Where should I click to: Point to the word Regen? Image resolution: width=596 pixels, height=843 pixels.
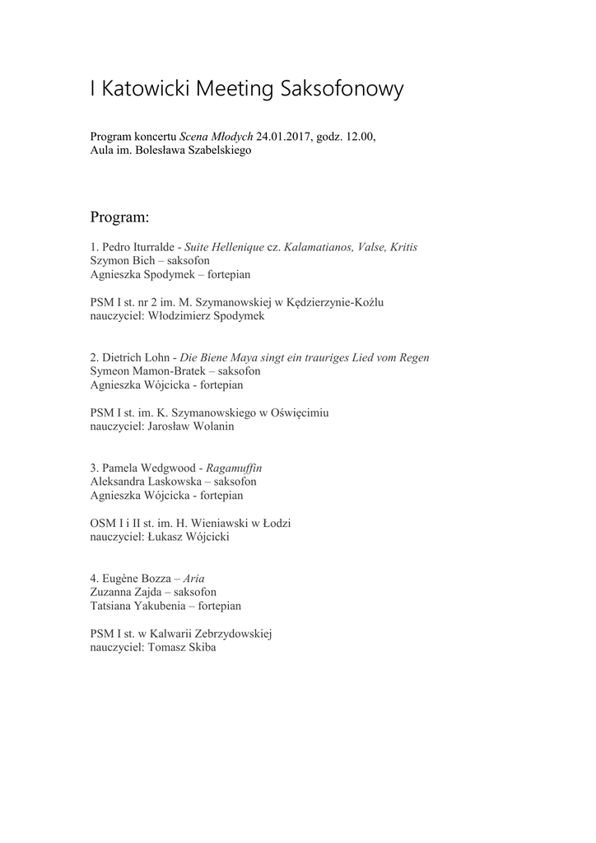point(412,357)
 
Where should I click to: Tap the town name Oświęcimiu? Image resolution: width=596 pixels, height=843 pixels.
point(294,412)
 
